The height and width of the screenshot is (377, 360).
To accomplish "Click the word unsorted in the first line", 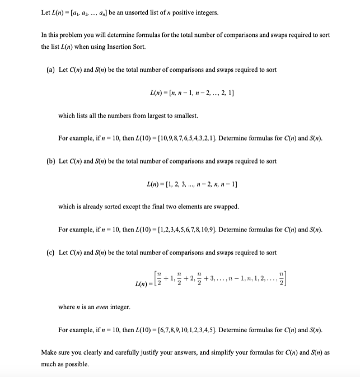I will point(125,12).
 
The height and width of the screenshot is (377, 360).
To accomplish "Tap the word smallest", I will point(184,115).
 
